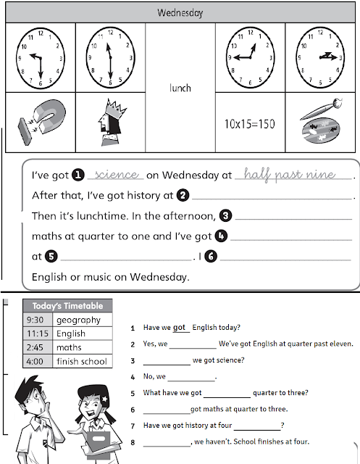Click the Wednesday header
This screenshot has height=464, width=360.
181,12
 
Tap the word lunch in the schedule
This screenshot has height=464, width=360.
180,88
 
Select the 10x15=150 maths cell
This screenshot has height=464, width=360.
250,123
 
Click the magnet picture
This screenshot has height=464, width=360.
41,122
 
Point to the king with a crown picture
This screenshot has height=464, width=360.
110,122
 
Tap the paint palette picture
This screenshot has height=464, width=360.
319,122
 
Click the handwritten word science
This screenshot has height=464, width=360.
116,175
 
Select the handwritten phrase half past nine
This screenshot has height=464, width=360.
289,175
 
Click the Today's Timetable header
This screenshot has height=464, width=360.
68,306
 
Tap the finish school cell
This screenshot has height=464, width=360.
81,361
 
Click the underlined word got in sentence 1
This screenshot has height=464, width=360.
180,327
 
